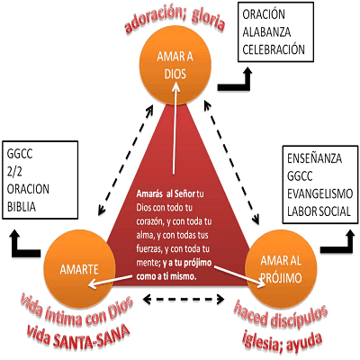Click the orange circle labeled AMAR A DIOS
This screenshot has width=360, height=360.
point(175,66)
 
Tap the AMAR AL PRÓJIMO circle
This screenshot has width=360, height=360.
point(281,268)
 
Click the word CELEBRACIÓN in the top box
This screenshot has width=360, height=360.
point(274,49)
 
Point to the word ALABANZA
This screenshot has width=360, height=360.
point(266,32)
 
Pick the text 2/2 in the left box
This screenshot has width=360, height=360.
point(14,172)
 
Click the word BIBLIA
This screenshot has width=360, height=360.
point(22,207)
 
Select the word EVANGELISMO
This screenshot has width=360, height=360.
point(319,193)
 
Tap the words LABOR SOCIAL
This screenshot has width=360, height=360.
point(319,211)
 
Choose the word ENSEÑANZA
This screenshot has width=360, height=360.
point(314,158)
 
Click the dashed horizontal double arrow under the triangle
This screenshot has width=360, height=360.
point(184,299)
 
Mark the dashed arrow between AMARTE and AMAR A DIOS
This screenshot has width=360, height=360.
point(126,160)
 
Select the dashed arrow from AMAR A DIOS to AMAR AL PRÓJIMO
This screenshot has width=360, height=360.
point(232,163)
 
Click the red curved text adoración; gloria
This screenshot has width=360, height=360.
point(175,21)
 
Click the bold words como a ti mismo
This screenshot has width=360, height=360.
point(166,276)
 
